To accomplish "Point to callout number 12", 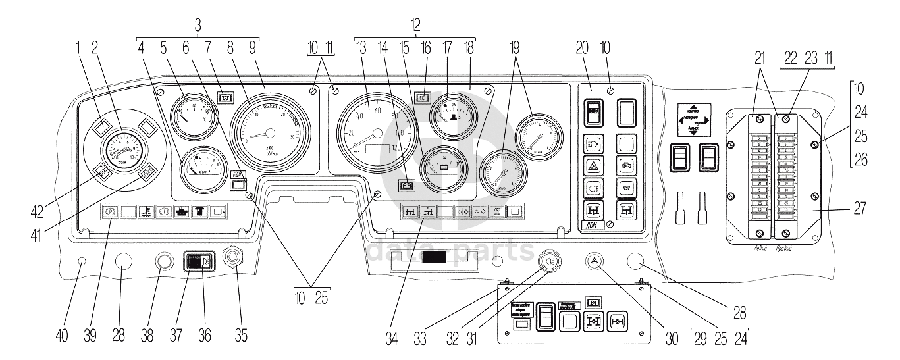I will click(x=414, y=24).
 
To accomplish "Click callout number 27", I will click(x=859, y=208).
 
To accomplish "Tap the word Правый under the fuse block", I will click(x=783, y=249).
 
